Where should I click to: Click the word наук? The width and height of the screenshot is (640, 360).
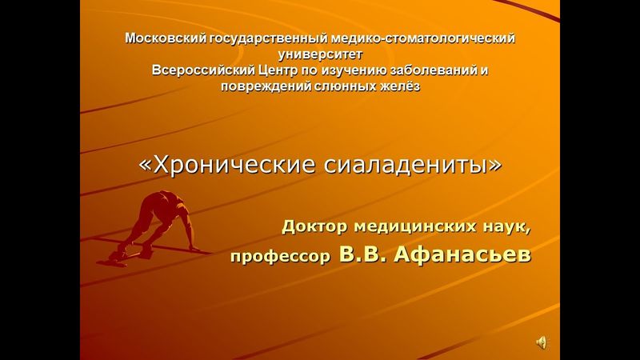(504, 226)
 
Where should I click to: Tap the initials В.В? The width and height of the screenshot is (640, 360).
(363, 255)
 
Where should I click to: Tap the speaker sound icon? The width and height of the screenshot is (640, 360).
(542, 342)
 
